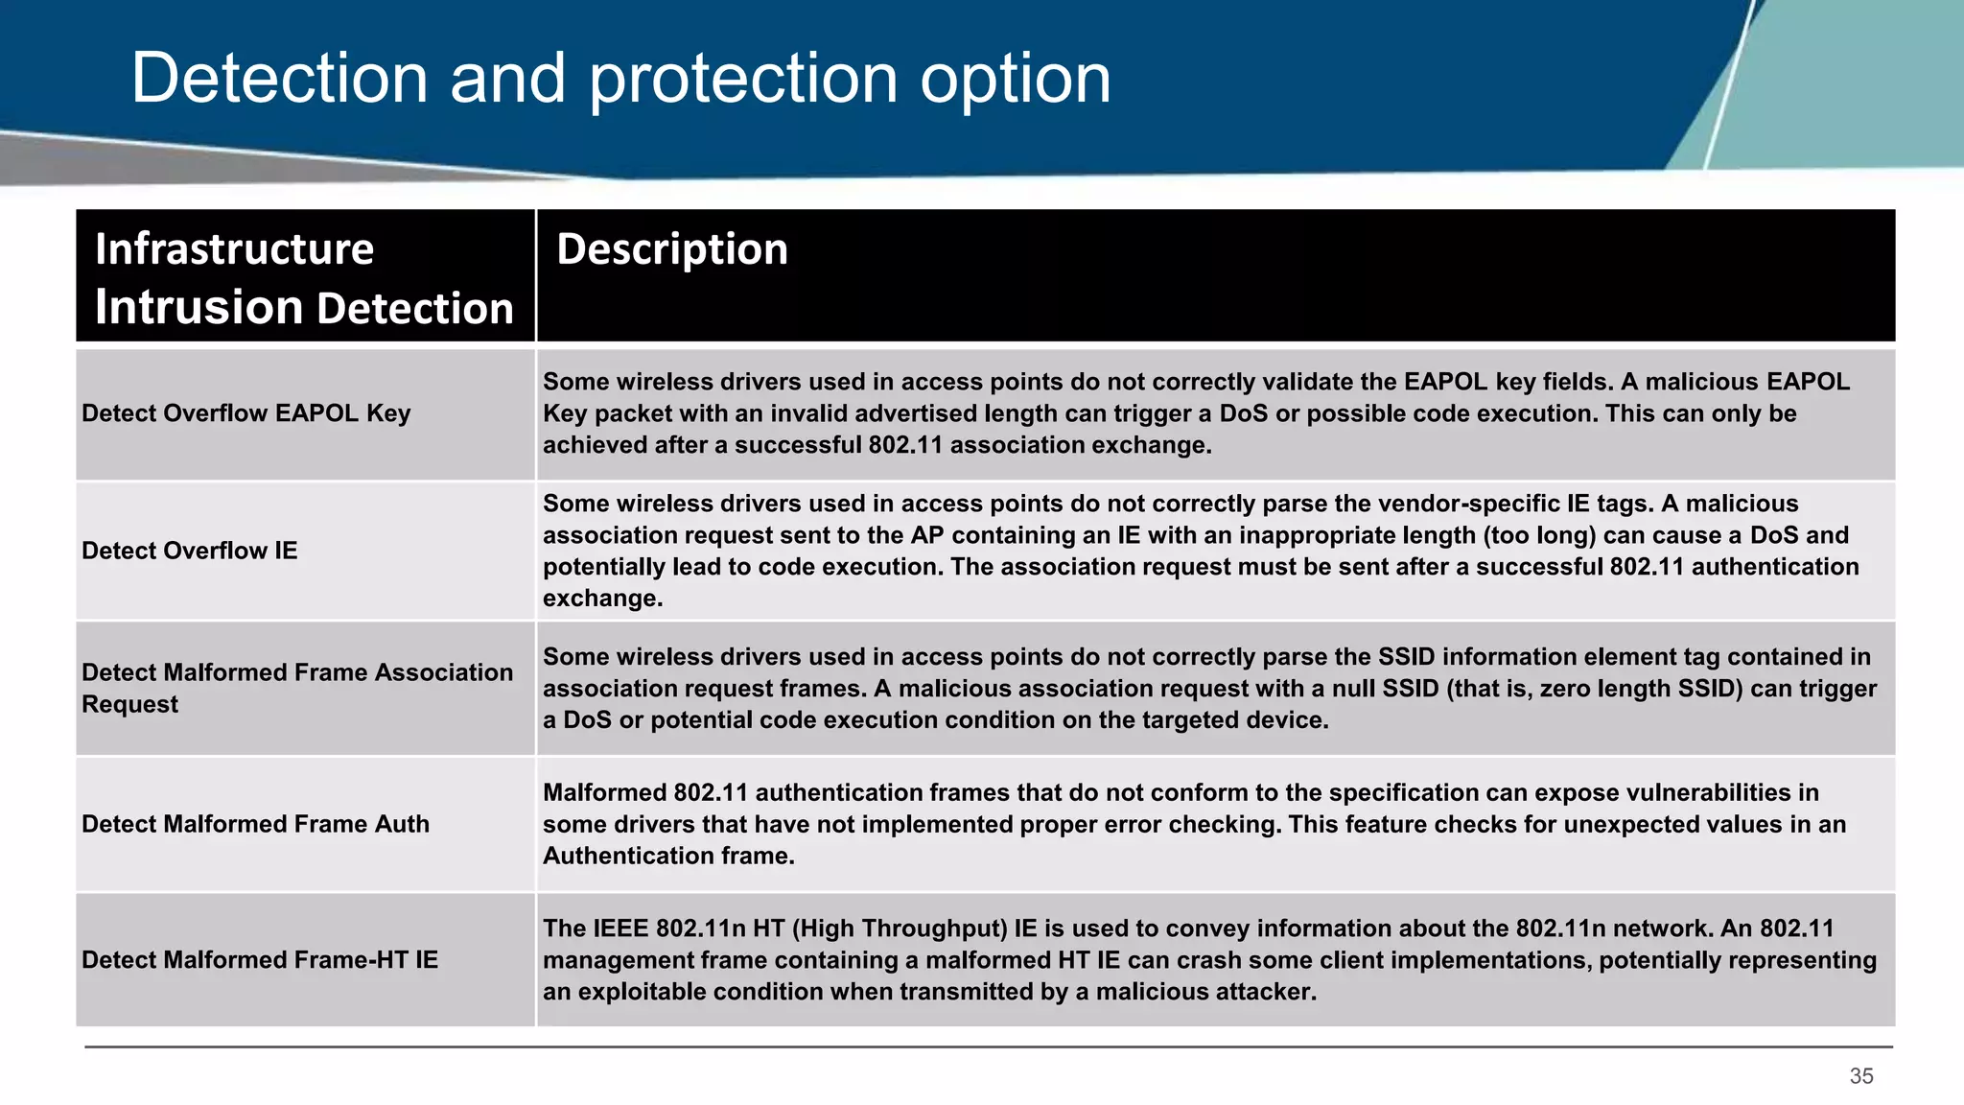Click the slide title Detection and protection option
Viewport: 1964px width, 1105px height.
pos(620,79)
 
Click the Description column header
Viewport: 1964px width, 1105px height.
pos(671,249)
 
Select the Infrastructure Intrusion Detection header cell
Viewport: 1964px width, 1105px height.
pos(304,278)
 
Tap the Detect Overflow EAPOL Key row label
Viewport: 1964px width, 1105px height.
pos(245,413)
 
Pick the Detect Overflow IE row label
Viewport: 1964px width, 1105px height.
pos(189,551)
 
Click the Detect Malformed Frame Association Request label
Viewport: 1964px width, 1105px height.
pos(296,688)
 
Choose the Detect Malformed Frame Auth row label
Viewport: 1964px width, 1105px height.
pos(255,824)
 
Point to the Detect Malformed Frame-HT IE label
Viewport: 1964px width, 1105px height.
pos(259,960)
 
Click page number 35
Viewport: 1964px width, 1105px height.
pos(1860,1076)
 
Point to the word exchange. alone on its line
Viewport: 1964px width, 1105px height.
pos(602,599)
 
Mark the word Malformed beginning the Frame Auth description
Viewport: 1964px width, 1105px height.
pos(604,792)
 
